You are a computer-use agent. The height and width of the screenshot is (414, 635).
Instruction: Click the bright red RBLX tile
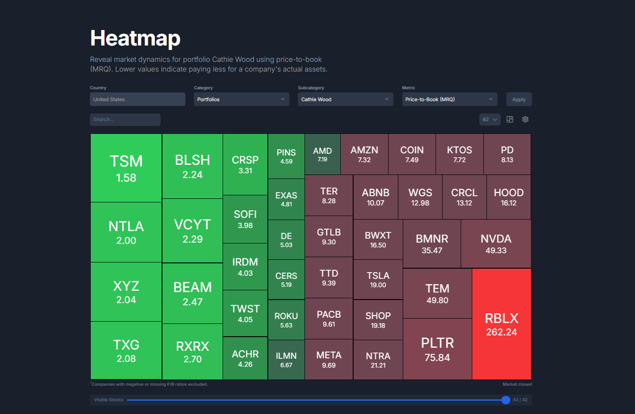click(x=501, y=324)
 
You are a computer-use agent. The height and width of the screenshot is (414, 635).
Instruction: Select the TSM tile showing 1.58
click(x=126, y=168)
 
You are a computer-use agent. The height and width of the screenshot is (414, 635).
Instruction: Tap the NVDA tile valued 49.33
click(x=496, y=244)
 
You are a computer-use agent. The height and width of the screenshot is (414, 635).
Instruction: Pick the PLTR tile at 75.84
click(x=437, y=349)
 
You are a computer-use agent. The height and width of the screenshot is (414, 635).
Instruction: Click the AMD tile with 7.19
click(x=322, y=154)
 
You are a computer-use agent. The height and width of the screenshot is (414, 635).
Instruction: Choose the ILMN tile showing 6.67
click(x=286, y=360)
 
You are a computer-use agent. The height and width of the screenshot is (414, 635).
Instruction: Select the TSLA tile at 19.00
click(x=378, y=280)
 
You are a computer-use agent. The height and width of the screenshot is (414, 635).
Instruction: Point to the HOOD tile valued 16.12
click(x=508, y=197)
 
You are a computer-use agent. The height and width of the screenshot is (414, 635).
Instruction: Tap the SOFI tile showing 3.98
click(x=245, y=219)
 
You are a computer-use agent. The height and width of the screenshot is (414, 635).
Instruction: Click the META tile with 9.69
click(x=328, y=360)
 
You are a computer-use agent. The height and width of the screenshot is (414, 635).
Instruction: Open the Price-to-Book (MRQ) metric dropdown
click(x=449, y=99)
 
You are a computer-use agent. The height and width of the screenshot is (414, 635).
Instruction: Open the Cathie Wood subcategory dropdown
click(x=345, y=99)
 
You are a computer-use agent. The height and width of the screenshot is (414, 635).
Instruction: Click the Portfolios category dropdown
click(x=241, y=99)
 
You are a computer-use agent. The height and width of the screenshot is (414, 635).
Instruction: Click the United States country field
click(x=137, y=99)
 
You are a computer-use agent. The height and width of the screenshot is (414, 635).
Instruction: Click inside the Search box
click(x=125, y=120)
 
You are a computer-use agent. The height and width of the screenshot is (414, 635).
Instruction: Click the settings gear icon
click(x=525, y=119)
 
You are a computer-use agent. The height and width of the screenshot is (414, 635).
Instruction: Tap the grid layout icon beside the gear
click(x=510, y=119)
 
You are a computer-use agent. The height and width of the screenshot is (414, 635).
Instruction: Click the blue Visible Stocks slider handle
click(x=506, y=400)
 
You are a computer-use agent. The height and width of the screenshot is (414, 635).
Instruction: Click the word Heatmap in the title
click(x=135, y=38)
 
